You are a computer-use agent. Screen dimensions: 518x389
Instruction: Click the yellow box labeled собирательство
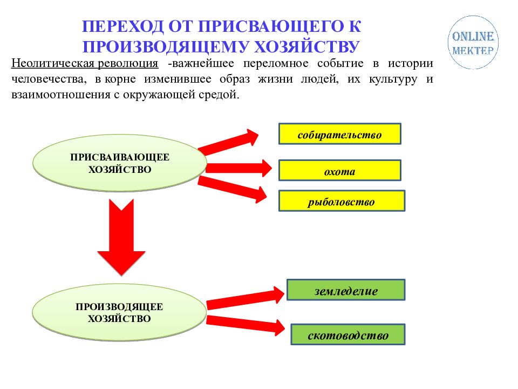pos(340,134)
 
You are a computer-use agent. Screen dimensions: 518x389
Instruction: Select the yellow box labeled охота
pos(340,170)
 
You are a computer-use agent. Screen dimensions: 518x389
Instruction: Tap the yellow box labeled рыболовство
pos(342,201)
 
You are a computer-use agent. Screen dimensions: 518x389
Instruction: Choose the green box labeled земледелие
pos(346,290)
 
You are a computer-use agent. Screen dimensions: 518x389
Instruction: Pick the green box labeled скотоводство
pos(348,334)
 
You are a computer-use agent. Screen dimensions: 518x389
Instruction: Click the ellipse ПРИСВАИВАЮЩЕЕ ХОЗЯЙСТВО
pos(120,163)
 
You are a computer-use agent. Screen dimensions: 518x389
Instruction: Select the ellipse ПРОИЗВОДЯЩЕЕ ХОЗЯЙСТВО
pos(119,312)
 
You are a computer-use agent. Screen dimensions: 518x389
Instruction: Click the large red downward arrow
pos(121,237)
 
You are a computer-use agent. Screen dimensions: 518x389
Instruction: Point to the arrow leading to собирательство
pos(228,143)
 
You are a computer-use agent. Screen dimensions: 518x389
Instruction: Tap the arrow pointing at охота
pos(238,168)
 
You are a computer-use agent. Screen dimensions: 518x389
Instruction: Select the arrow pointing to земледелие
pos(245,298)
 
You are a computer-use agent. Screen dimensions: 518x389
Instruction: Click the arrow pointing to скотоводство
pos(246,325)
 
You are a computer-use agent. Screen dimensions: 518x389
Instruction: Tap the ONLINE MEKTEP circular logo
pos(473,42)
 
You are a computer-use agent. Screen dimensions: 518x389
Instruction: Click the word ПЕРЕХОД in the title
pos(122,26)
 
